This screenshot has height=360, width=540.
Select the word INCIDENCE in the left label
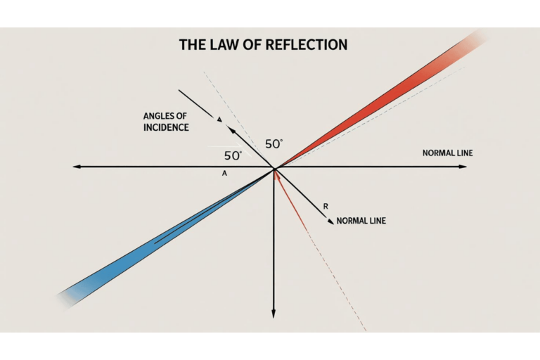167,127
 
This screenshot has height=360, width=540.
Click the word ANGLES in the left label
160,116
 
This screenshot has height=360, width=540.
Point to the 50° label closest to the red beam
274,143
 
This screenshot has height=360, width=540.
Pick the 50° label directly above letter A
233,155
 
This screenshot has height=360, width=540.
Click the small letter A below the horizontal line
224,173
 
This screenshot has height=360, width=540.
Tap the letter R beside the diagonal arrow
326,206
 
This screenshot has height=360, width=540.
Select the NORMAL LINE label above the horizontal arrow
445,153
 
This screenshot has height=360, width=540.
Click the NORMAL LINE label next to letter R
361,221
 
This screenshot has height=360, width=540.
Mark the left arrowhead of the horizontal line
76,167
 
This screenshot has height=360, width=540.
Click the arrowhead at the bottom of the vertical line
273,314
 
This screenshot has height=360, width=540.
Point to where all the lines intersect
274,167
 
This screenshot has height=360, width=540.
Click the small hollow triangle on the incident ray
220,120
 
